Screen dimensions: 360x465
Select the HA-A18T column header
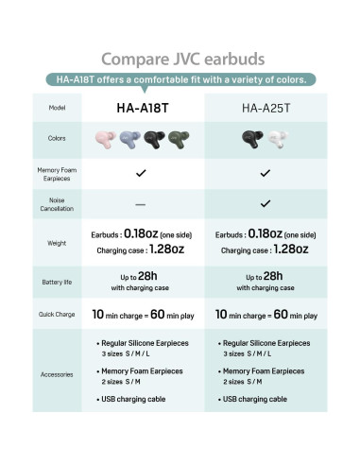pyautogui.click(x=141, y=108)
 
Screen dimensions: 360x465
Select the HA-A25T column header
pyautogui.click(x=266, y=108)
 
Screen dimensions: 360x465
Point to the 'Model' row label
pyautogui.click(x=58, y=108)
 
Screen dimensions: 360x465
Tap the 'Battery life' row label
pyautogui.click(x=58, y=282)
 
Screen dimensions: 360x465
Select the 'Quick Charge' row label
pyautogui.click(x=58, y=314)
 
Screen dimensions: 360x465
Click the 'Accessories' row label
pyautogui.click(x=58, y=374)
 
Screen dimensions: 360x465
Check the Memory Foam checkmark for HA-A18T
pyautogui.click(x=141, y=173)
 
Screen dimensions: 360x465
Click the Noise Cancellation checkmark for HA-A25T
pyautogui.click(x=266, y=202)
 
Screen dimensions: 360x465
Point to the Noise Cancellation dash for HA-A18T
pyautogui.click(x=141, y=203)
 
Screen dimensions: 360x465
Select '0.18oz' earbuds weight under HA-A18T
pyautogui.click(x=142, y=233)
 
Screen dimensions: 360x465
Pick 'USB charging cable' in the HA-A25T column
pyautogui.click(x=256, y=399)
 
